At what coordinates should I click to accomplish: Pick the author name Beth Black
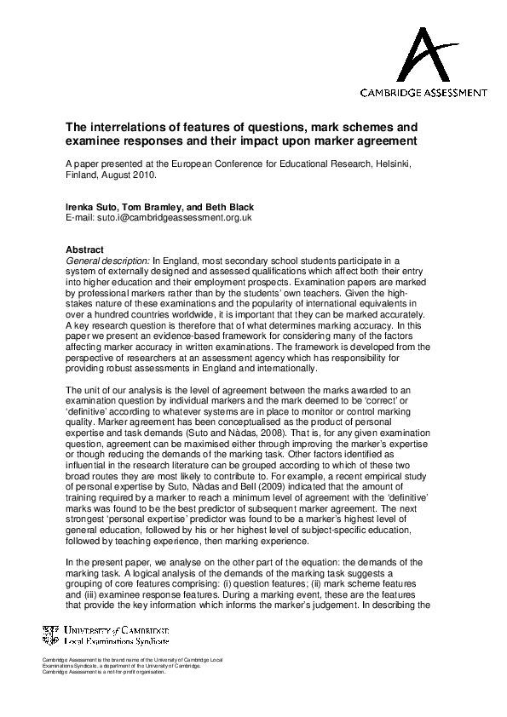[x=231, y=207]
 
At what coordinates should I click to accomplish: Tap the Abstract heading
[x=85, y=250]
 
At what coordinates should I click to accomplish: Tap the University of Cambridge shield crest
[x=51, y=633]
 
